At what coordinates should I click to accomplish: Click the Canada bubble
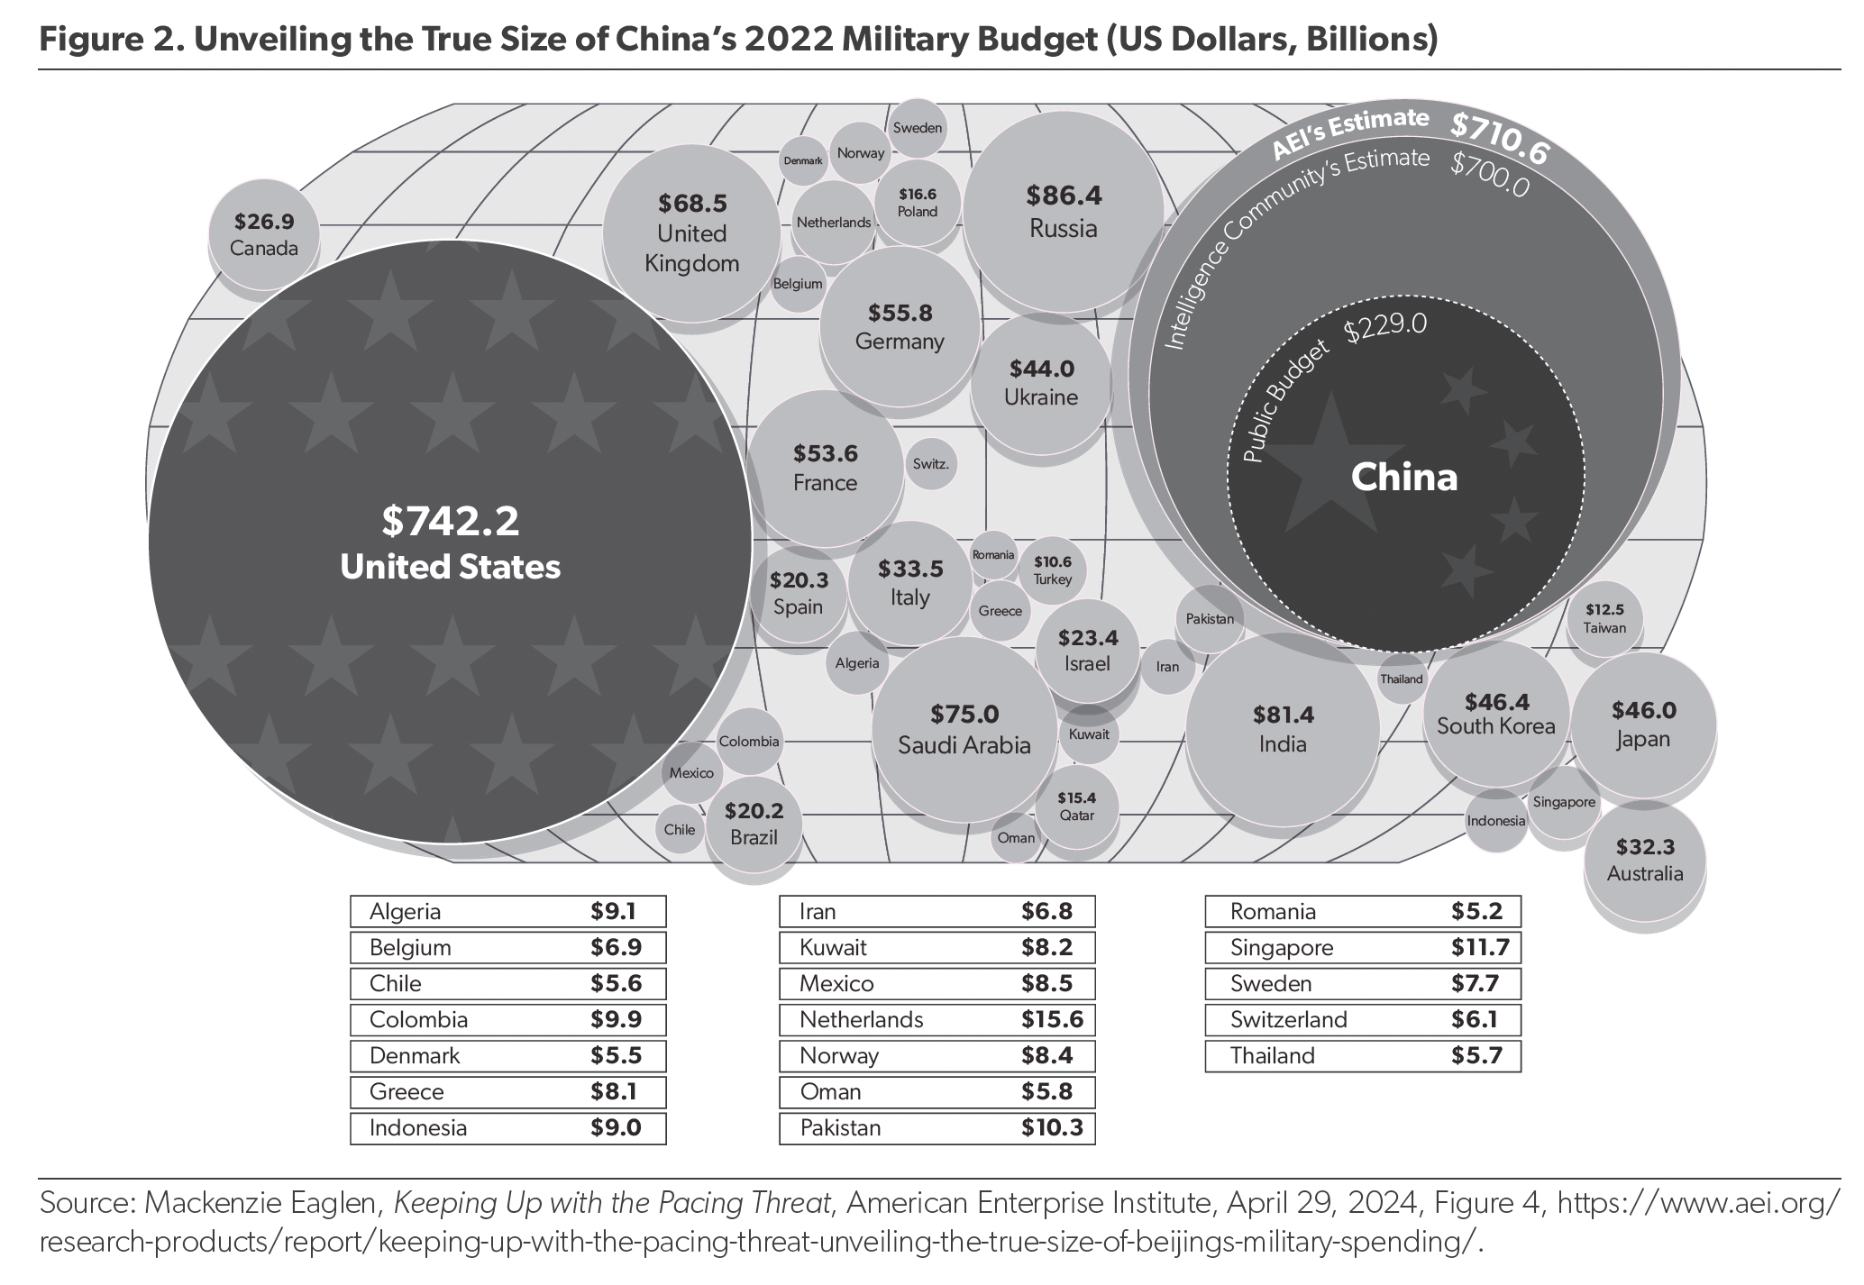[x=264, y=234]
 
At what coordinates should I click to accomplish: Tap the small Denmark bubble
[x=802, y=161]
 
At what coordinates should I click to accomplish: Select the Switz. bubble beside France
[x=930, y=465]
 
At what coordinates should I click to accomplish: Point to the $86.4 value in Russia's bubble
[x=1064, y=195]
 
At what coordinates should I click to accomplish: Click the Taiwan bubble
[x=1604, y=619]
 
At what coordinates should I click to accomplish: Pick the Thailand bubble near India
[x=1401, y=679]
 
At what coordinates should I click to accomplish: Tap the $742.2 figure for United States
[x=450, y=522]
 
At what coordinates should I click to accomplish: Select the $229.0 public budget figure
[x=1385, y=326]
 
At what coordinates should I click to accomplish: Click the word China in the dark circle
[x=1403, y=477]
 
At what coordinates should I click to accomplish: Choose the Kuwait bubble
[x=1089, y=734]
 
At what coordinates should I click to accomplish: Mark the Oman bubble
[x=1016, y=837]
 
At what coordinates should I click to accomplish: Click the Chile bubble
[x=680, y=829]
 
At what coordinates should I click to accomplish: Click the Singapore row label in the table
[x=1281, y=947]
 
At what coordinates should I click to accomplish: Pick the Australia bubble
[x=1645, y=860]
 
